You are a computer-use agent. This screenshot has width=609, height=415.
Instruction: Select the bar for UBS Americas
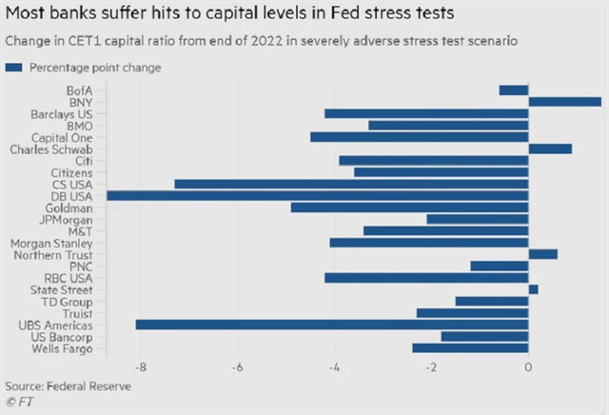tap(332, 325)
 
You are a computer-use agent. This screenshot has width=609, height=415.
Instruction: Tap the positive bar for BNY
tap(564, 102)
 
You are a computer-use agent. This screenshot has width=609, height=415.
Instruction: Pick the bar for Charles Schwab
tap(550, 148)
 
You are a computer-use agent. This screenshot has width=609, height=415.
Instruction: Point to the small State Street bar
tap(533, 289)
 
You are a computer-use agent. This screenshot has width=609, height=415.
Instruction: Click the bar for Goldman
tap(409, 207)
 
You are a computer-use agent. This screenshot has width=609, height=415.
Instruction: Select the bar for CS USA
tap(351, 184)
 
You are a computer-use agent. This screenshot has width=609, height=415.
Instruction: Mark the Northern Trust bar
tap(542, 254)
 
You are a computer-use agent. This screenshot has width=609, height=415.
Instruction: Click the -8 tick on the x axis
tap(141, 367)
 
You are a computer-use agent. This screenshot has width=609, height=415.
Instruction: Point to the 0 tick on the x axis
tap(528, 367)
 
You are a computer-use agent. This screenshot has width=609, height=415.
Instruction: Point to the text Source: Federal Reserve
tap(68, 386)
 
